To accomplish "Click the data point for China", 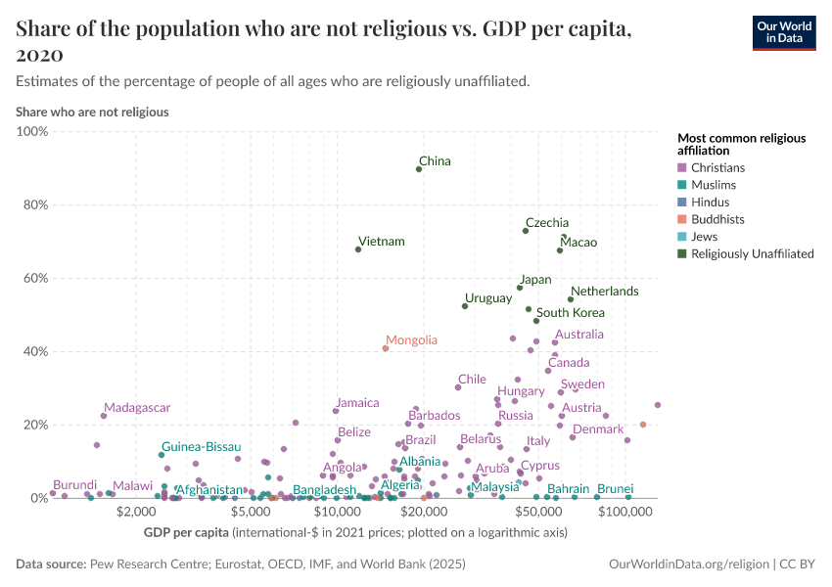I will [x=419, y=169].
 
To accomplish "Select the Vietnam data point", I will [x=358, y=249].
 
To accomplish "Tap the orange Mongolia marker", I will [x=386, y=348].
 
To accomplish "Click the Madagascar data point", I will [x=104, y=416].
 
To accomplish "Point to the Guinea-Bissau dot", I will [x=162, y=455].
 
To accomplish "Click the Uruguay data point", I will [x=465, y=306].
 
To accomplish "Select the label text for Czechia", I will [x=546, y=223].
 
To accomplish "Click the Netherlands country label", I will [x=604, y=292].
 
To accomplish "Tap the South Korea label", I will [x=570, y=313].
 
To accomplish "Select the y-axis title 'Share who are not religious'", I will [x=92, y=112].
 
